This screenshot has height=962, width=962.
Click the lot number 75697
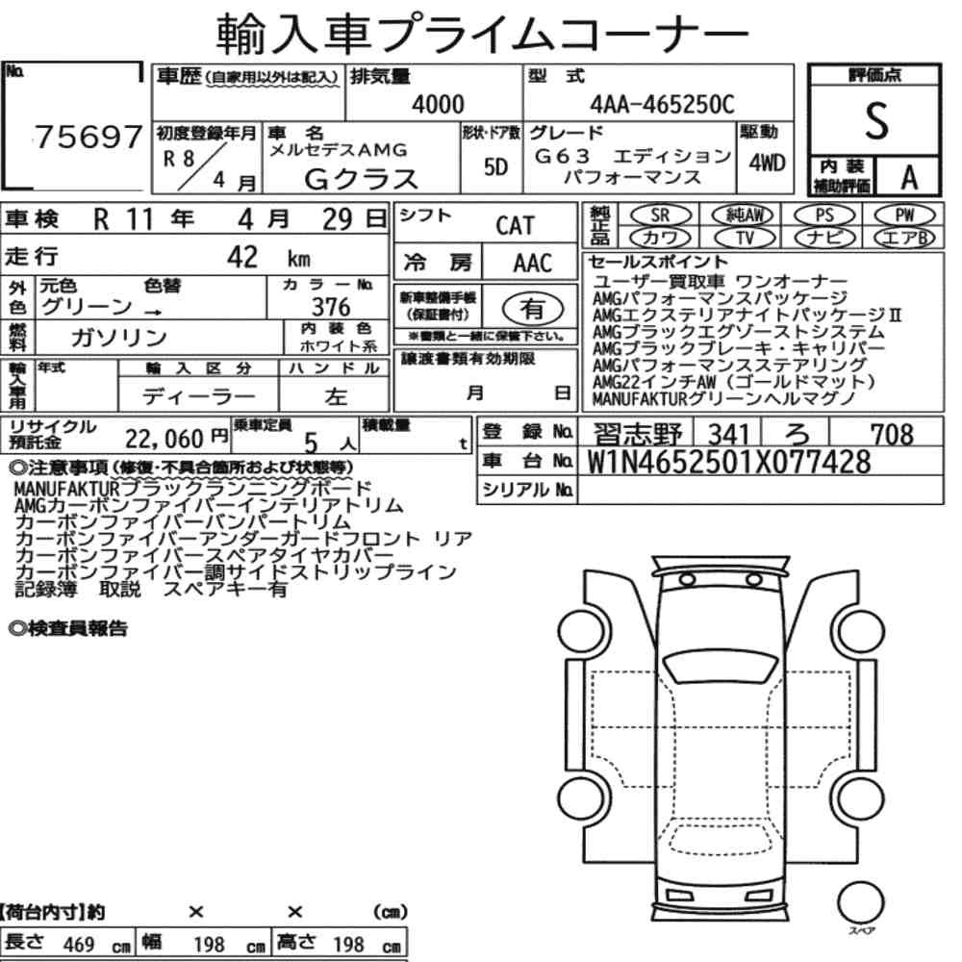click(x=88, y=137)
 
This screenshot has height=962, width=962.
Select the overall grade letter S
click(x=876, y=121)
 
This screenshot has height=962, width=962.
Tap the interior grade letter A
click(x=909, y=177)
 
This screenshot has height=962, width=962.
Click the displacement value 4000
click(x=438, y=104)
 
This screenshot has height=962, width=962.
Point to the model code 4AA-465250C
click(x=662, y=104)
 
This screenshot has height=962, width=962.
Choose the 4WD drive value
click(x=767, y=164)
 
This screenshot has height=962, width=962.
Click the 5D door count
click(x=495, y=166)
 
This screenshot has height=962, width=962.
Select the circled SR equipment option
click(x=660, y=215)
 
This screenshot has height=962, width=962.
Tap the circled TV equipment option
click(x=744, y=238)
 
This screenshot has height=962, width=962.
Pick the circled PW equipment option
click(x=904, y=215)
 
